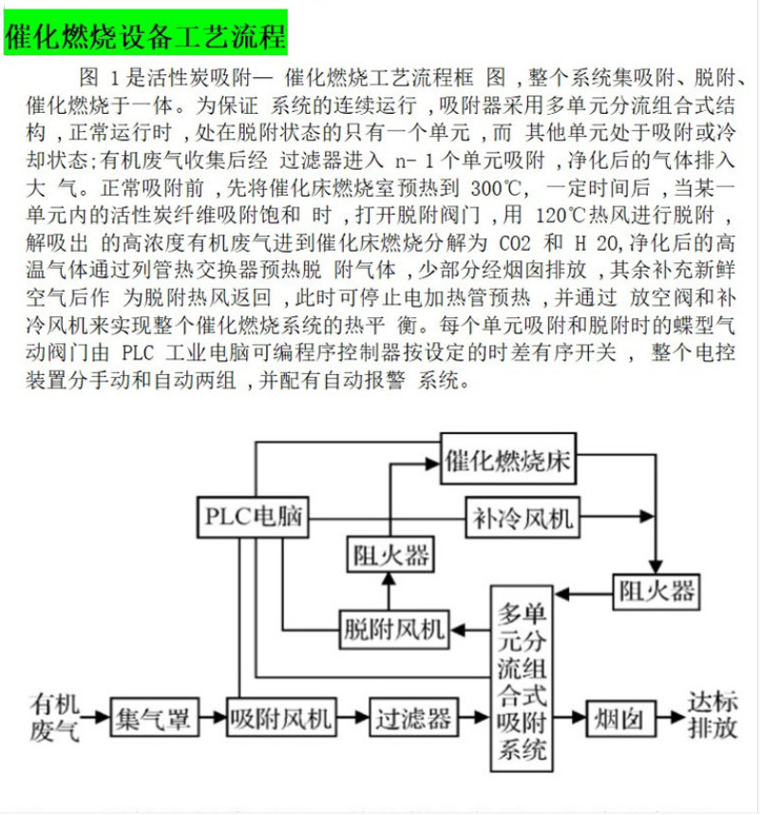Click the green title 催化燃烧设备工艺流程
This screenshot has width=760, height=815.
point(144,36)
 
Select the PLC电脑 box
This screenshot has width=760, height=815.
point(253,518)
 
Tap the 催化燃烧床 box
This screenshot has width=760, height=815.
point(508,463)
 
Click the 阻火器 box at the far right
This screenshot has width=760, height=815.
point(655,592)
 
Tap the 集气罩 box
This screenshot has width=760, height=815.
point(153,718)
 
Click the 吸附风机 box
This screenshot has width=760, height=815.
point(281,718)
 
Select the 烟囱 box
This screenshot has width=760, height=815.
point(618,718)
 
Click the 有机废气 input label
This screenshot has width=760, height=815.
point(54,717)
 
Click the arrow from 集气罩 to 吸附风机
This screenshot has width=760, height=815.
point(212,718)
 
